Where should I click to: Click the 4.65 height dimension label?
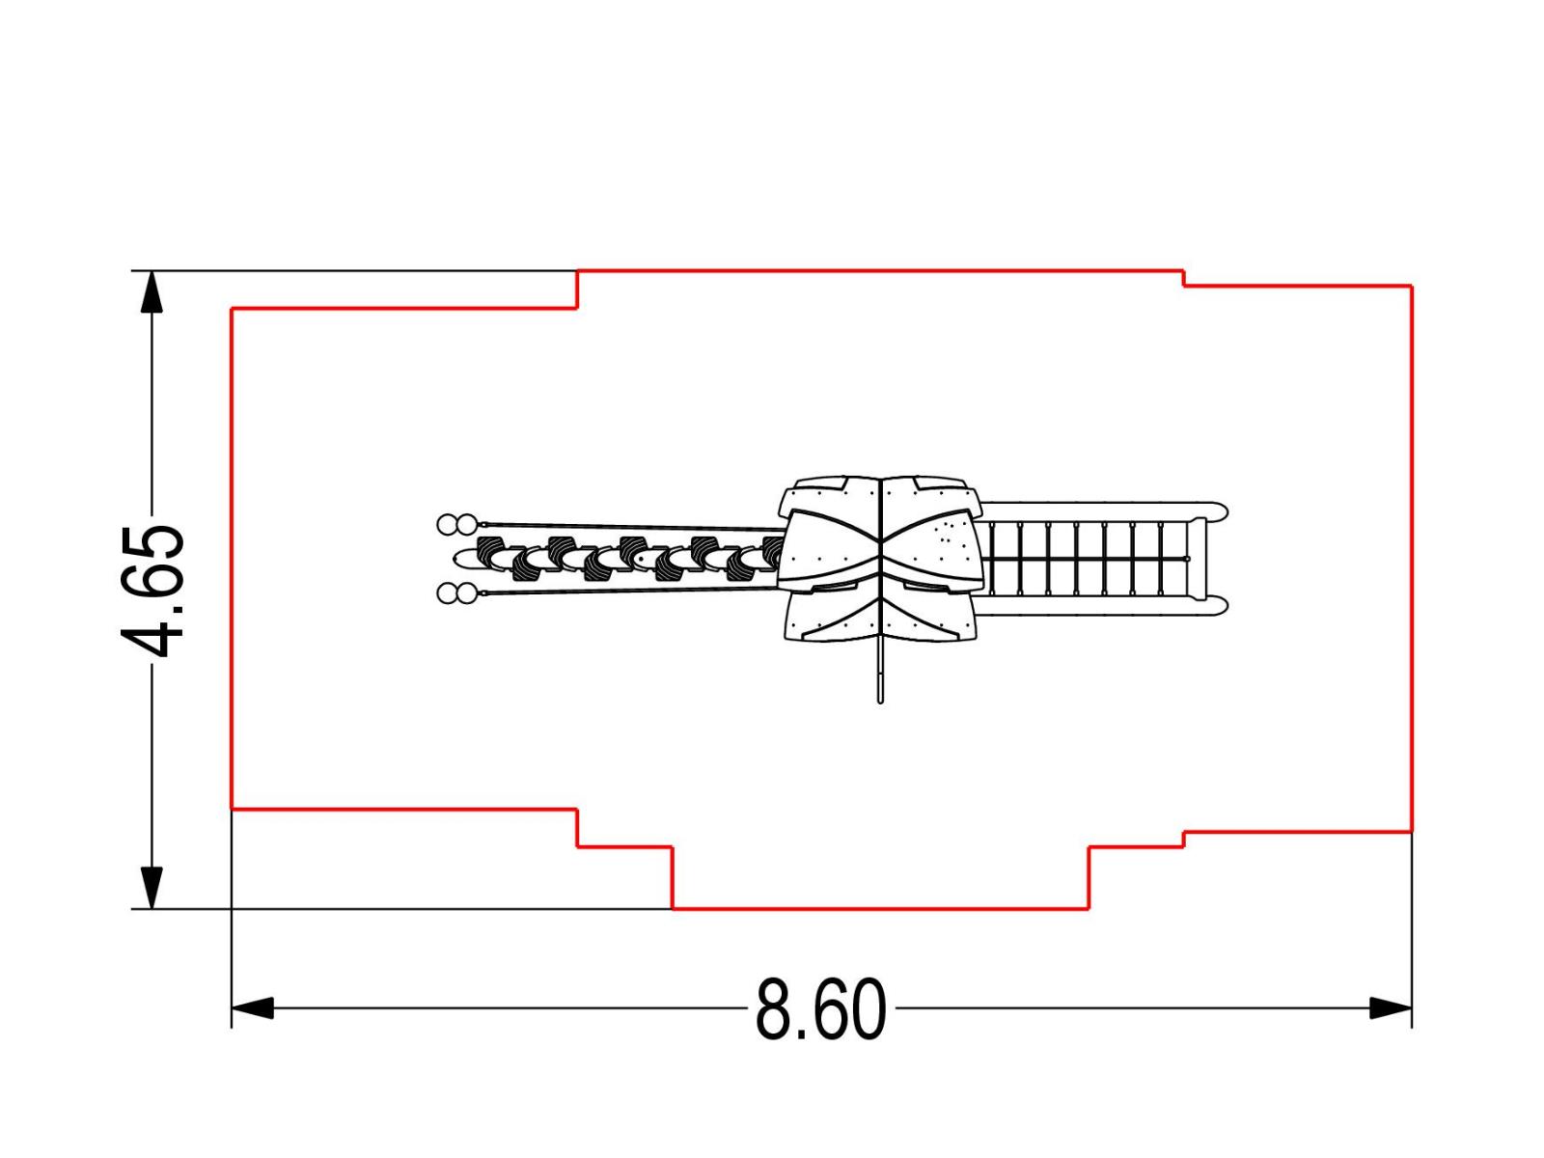[152, 591]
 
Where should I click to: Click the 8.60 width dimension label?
[820, 1009]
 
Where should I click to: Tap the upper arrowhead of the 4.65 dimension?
[152, 291]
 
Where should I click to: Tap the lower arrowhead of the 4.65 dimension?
[152, 887]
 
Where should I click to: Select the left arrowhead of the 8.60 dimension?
[253, 1007]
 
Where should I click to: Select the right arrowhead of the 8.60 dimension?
[1391, 1007]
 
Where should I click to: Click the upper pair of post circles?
[457, 524]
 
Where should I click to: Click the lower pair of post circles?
[457, 593]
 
